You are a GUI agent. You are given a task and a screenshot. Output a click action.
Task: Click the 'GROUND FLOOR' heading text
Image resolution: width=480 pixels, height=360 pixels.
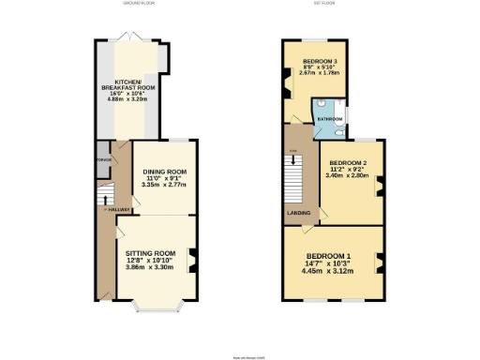pos(138,4)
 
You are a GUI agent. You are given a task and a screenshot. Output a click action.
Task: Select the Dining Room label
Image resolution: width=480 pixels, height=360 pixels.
pos(165,172)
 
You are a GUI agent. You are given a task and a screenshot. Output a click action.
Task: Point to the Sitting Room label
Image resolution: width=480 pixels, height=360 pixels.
pos(152,253)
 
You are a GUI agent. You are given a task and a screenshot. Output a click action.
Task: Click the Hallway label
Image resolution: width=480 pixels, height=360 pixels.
pos(117,209)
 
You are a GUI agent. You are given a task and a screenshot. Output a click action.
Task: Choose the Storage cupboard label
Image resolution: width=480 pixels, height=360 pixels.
pos(102,158)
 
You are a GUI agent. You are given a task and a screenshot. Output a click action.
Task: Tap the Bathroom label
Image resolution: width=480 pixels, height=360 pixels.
pos(328,119)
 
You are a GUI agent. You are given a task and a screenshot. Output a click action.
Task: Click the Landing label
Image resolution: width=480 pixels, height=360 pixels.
pos(298,212)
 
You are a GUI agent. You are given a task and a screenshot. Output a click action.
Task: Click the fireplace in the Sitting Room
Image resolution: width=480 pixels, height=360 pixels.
pos(191,262)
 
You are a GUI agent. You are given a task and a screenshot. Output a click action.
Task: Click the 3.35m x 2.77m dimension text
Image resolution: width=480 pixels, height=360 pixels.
pos(165,186)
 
